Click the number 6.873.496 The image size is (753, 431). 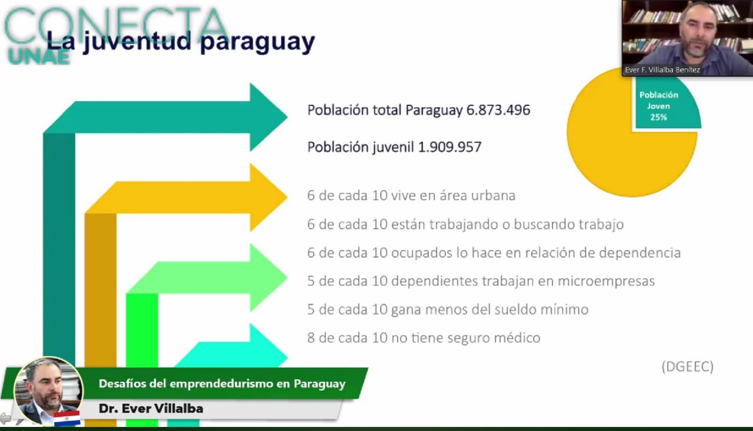[498, 110]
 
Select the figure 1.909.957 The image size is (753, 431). [450, 147]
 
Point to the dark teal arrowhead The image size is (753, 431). [265, 117]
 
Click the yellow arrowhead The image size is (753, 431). [265, 197]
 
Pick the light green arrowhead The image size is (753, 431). [265, 278]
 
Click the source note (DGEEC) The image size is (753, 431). [688, 366]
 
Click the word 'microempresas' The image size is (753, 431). [607, 282]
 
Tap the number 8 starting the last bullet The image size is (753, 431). [311, 338]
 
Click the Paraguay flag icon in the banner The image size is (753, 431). [67, 418]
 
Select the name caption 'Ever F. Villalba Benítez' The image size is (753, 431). [662, 70]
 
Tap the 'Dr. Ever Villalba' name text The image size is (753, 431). [151, 409]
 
